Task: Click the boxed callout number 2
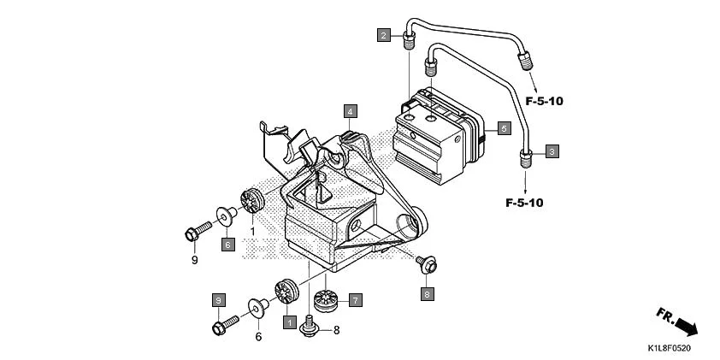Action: (385, 35)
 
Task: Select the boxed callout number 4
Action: (351, 110)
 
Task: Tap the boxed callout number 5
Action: (504, 128)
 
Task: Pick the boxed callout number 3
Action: (552, 151)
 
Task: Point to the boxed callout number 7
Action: (355, 300)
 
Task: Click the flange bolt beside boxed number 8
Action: (424, 265)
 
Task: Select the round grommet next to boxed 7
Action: (326, 299)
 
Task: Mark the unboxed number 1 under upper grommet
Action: (253, 231)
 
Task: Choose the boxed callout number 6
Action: (227, 245)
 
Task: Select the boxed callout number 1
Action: (290, 322)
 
